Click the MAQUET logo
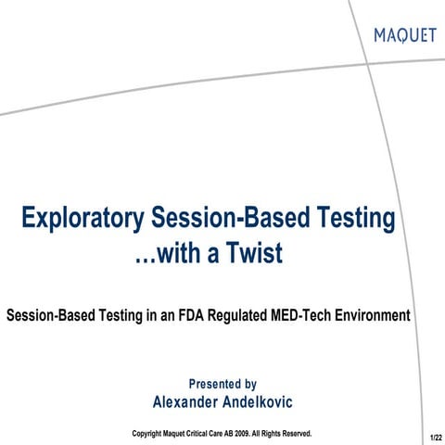(x=404, y=36)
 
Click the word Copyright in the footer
(x=150, y=433)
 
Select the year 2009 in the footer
(x=250, y=433)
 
